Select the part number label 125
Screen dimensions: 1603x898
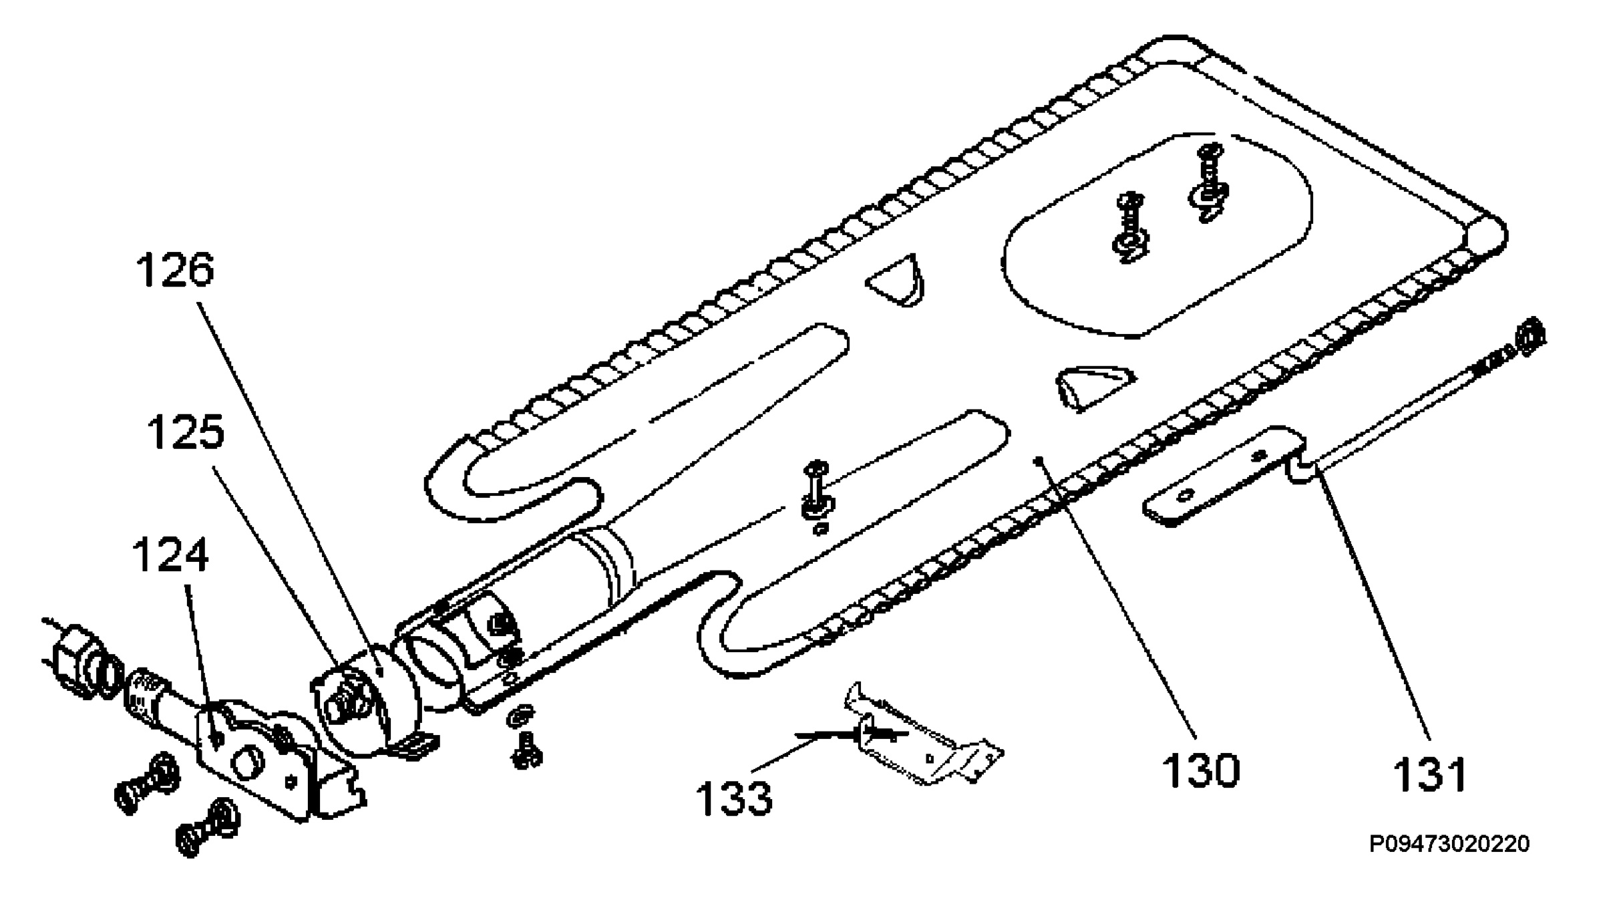[186, 432]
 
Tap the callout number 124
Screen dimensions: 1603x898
[170, 556]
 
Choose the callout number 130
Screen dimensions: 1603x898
[1200, 770]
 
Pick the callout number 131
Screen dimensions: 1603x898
[1429, 774]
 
